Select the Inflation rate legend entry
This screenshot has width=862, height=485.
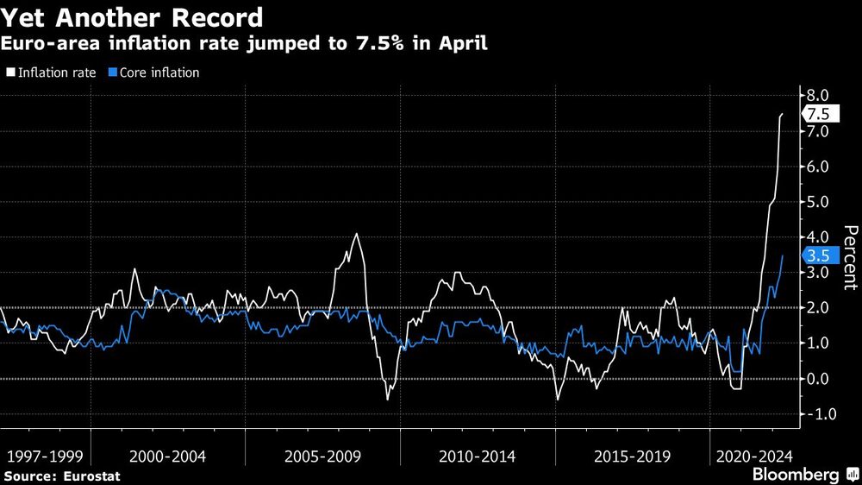(53, 72)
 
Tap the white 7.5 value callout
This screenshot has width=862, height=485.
(820, 115)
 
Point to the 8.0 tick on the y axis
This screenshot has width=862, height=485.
(815, 96)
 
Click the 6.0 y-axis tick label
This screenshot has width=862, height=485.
(815, 167)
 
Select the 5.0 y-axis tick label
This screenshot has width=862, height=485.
(815, 202)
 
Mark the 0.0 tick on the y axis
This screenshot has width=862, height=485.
(815, 379)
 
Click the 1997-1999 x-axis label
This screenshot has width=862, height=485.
(45, 456)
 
